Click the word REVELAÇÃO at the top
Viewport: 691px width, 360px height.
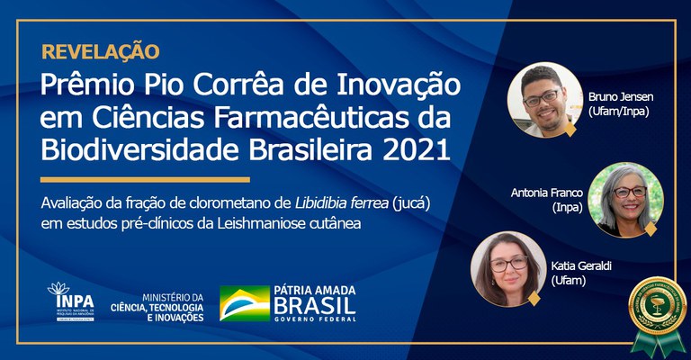(x=101, y=51)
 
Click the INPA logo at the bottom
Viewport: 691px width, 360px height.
(x=73, y=301)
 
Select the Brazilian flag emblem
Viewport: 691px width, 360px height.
(x=244, y=303)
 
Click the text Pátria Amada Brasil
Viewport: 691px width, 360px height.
(x=315, y=303)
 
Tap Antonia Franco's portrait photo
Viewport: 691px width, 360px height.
(x=625, y=199)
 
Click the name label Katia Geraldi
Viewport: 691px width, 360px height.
(x=580, y=274)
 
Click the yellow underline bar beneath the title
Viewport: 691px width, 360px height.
(x=145, y=179)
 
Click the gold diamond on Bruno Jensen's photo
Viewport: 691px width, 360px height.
(x=569, y=130)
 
